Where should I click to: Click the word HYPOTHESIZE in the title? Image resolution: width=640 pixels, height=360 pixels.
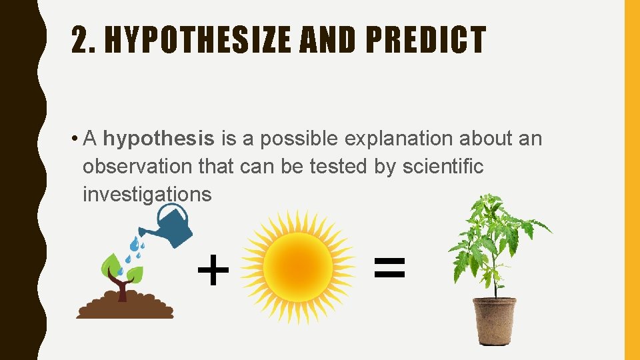click(x=197, y=40)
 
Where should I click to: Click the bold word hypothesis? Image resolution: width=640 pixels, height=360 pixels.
click(x=159, y=139)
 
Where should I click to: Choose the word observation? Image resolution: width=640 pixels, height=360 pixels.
click(x=138, y=167)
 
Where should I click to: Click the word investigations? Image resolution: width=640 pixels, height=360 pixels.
click(x=147, y=195)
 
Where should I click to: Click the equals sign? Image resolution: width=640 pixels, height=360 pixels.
click(x=389, y=268)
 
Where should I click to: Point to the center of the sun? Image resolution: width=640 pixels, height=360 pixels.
click(x=297, y=267)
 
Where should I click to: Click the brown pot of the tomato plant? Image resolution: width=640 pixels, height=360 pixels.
click(x=494, y=320)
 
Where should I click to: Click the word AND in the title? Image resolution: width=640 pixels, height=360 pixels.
click(x=316, y=40)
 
